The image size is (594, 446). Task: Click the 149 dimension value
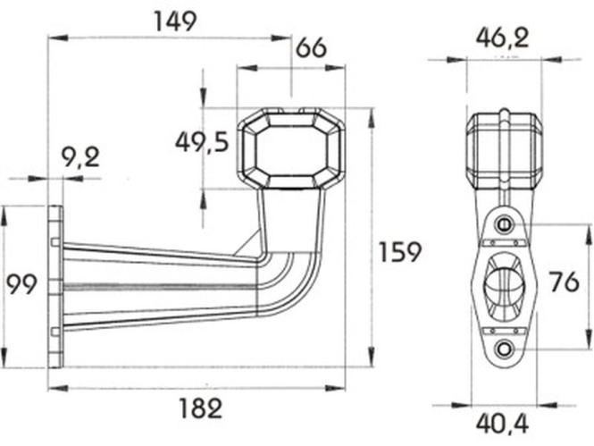[x=176, y=21]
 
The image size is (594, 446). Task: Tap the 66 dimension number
[x=311, y=48]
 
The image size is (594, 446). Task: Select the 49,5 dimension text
[x=202, y=142]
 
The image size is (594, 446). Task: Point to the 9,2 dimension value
[x=80, y=157]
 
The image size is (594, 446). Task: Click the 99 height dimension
[x=22, y=284]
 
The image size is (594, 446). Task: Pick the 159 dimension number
[x=400, y=252]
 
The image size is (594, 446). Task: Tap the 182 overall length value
[x=200, y=408]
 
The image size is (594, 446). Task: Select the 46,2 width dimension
[x=502, y=38]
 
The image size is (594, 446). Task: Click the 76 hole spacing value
[x=565, y=282]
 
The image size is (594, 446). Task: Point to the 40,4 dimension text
[x=502, y=424]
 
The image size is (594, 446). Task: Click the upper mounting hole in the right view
[x=504, y=224]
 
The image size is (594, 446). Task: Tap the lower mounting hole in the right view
[x=504, y=348]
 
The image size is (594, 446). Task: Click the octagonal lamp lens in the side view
[x=291, y=150]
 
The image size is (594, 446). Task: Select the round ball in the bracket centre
[x=504, y=285]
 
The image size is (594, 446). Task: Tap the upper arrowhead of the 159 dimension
[x=372, y=117]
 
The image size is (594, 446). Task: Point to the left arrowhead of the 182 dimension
[x=58, y=388]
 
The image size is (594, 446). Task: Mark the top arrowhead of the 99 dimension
[x=4, y=215]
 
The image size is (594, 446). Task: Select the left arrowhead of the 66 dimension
[x=247, y=68]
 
